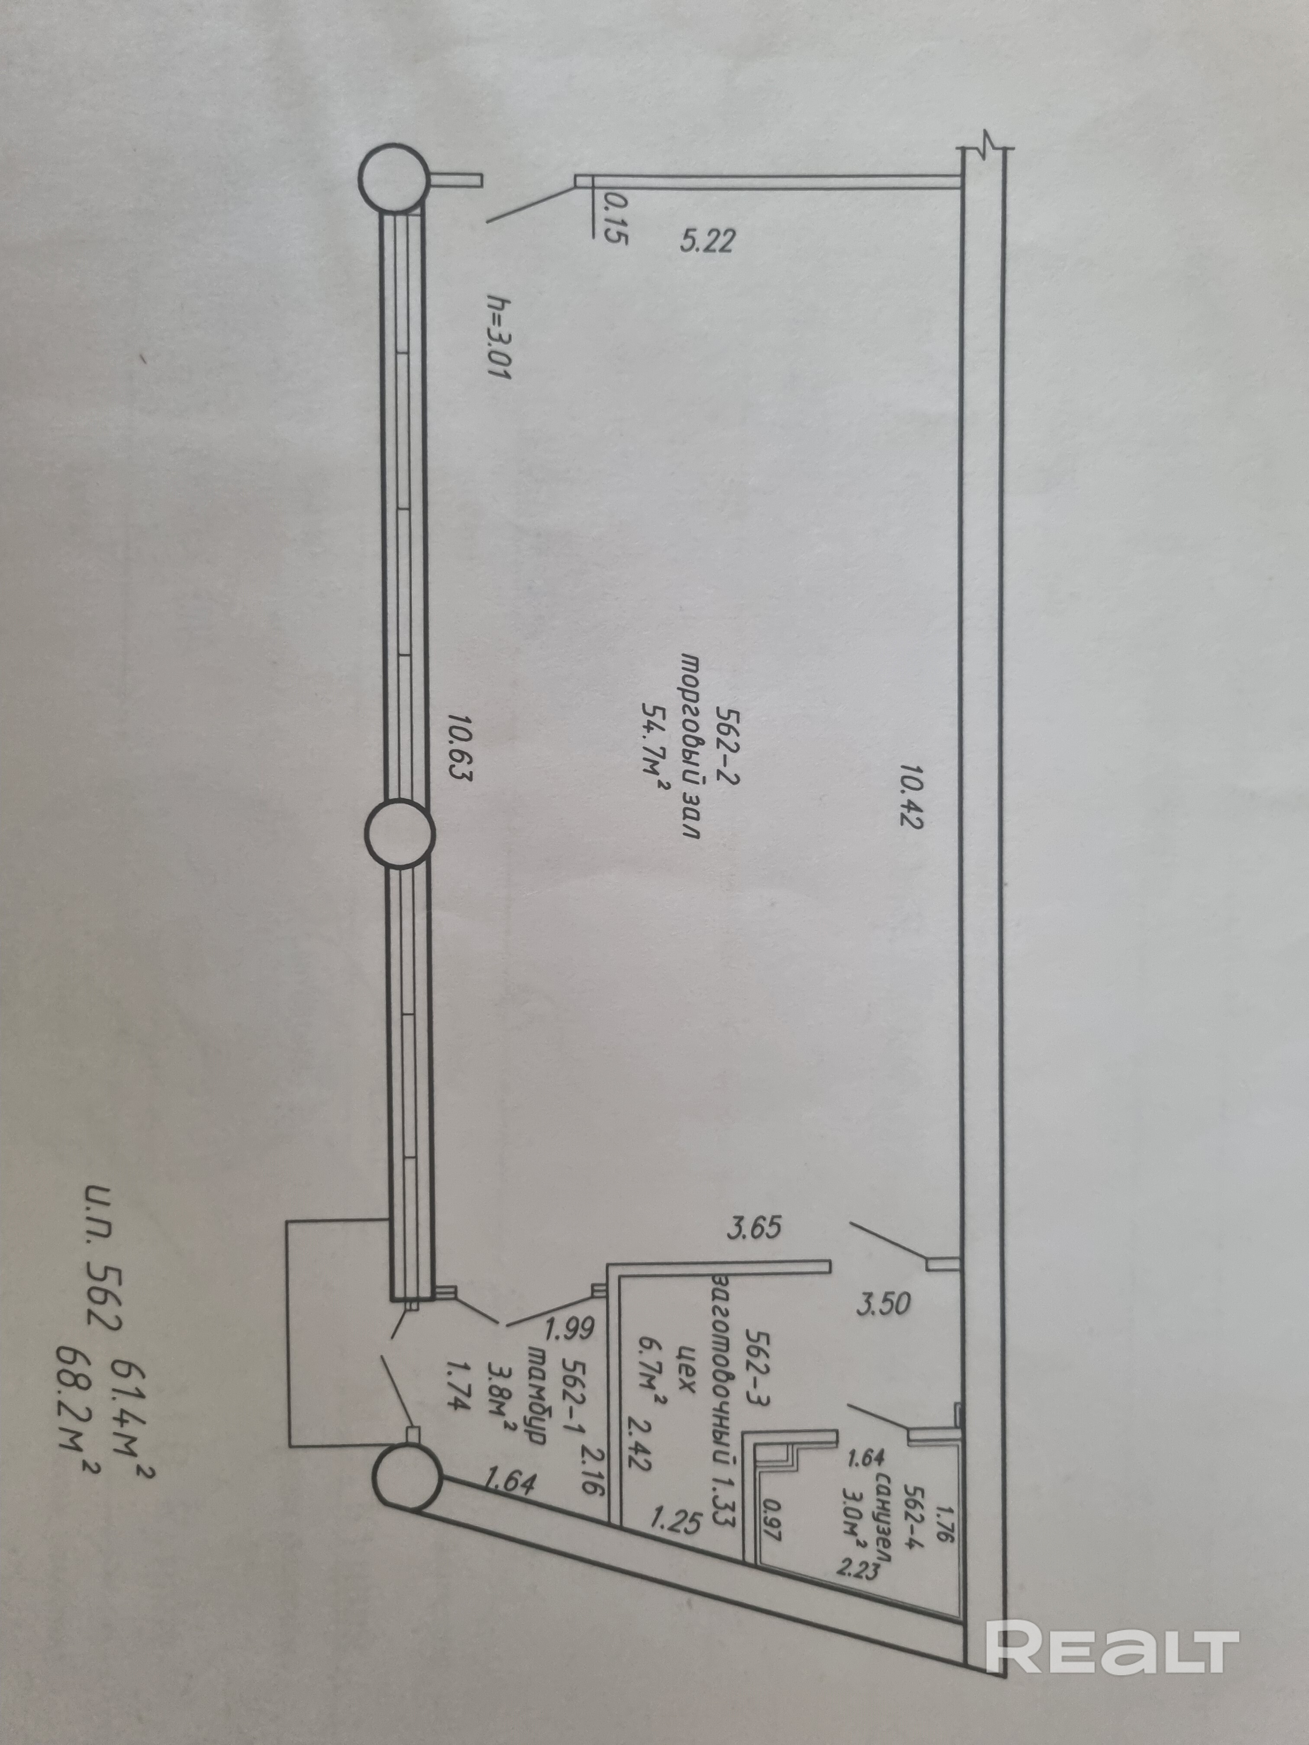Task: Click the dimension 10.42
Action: pos(909,795)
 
